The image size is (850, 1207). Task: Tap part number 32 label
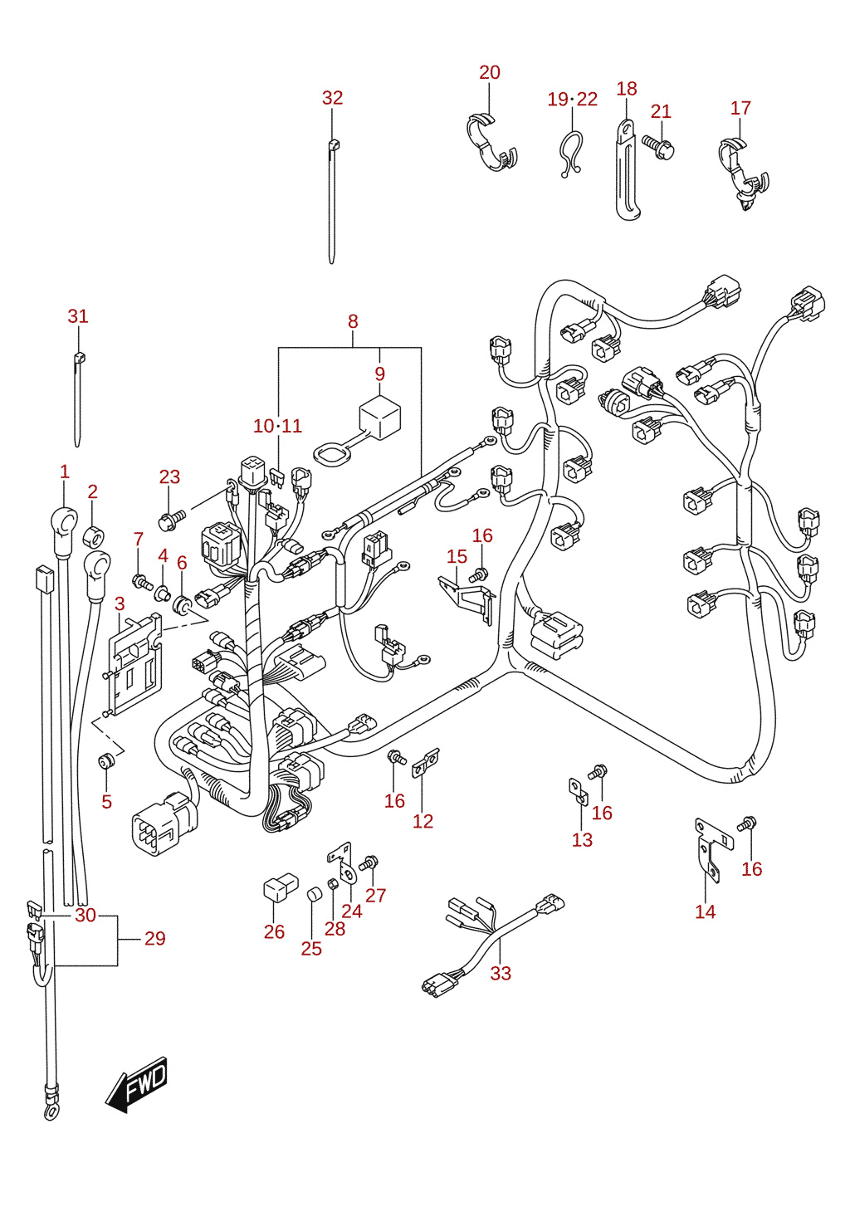coord(332,97)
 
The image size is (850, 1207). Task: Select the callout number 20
coord(490,72)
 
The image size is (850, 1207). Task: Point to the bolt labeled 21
coord(658,147)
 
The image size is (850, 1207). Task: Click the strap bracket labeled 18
coord(627,169)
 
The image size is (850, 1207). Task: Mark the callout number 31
coord(77,316)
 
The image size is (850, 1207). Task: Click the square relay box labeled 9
coord(379,417)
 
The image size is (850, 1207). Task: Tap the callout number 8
coord(353,322)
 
